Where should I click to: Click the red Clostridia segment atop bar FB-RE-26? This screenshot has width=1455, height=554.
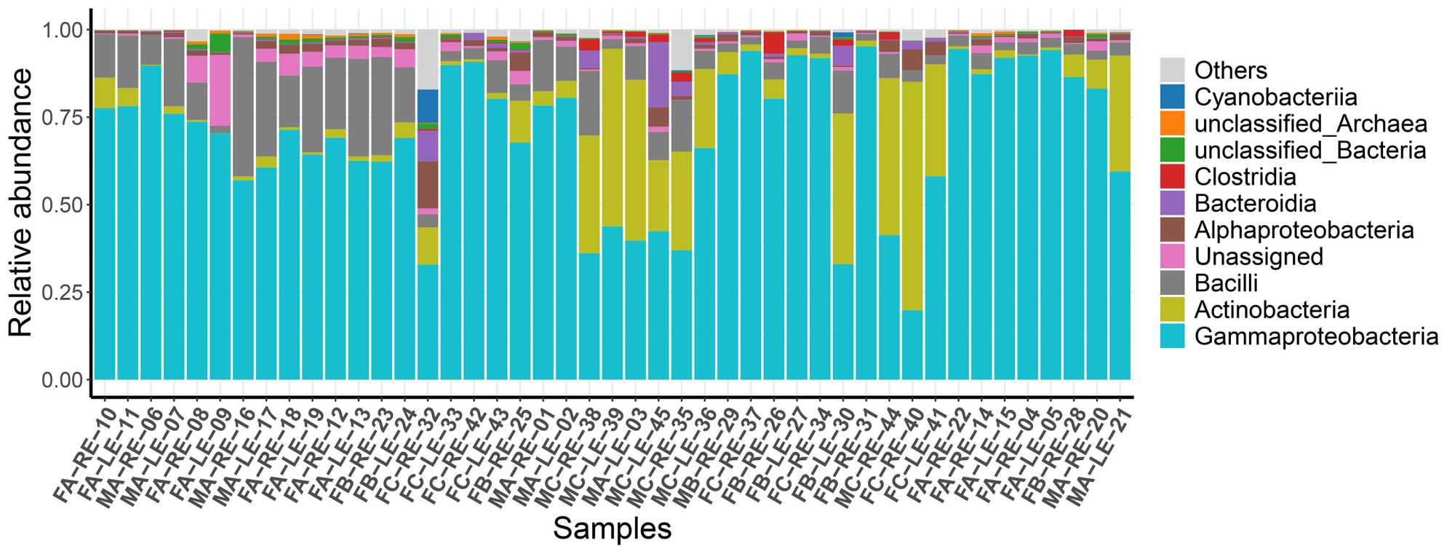coord(773,42)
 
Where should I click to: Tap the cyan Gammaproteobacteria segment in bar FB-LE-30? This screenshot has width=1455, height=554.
coord(842,321)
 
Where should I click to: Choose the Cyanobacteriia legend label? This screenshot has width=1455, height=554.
coord(1275,97)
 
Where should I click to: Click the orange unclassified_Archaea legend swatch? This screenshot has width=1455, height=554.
coord(1172,124)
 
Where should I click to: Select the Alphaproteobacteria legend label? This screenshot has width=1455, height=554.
coord(1304,230)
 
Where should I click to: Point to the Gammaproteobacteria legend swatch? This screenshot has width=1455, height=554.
coord(1172,336)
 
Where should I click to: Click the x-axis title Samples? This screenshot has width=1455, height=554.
coord(612,529)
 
